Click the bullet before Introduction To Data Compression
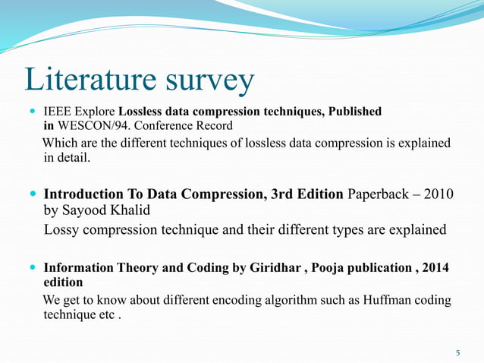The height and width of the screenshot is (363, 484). click(x=33, y=195)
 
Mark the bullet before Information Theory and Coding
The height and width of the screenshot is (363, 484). click(x=33, y=269)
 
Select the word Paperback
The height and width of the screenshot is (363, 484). click(x=379, y=194)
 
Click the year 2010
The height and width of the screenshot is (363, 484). click(x=439, y=194)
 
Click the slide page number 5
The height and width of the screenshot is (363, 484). click(x=457, y=353)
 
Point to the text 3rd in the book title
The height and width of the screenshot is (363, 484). click(x=284, y=194)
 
